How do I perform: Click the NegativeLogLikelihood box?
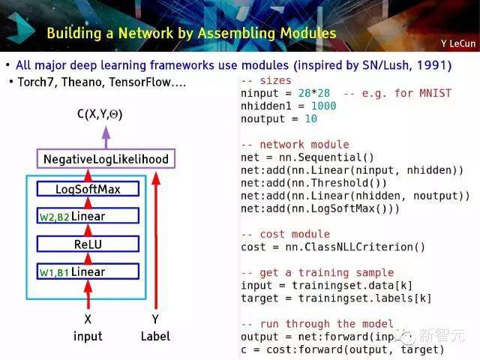[x=105, y=159]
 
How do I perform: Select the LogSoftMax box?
[x=88, y=189]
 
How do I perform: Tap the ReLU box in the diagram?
[x=88, y=244]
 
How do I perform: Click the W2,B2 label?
[x=54, y=217]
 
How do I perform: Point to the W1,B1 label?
[x=54, y=272]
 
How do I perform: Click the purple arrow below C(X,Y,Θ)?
[x=106, y=136]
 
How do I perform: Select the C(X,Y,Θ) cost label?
[x=100, y=115]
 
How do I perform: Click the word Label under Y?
[x=155, y=336]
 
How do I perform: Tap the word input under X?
[x=88, y=336]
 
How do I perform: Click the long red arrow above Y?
[x=156, y=240]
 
